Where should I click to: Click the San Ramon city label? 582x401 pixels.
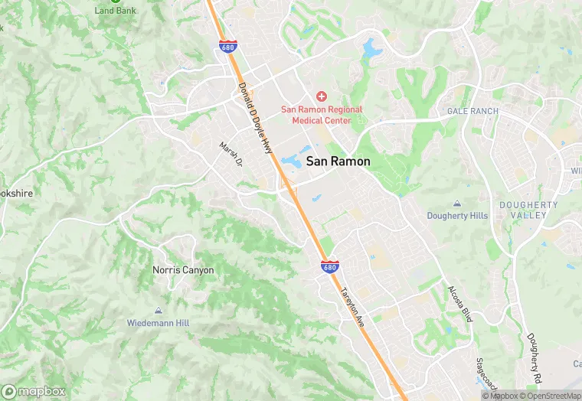click(x=338, y=161)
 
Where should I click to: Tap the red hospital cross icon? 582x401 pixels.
click(x=322, y=96)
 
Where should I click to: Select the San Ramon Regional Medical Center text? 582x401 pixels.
click(x=322, y=115)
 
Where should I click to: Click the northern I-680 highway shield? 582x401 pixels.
click(x=227, y=46)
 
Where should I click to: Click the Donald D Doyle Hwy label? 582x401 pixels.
click(x=256, y=117)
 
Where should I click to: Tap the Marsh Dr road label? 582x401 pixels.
click(x=231, y=155)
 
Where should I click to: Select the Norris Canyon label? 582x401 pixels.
click(x=182, y=270)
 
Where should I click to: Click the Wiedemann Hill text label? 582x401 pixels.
click(x=159, y=323)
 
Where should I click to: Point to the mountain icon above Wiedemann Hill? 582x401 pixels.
click(x=159, y=311)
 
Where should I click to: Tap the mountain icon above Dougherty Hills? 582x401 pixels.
click(x=457, y=204)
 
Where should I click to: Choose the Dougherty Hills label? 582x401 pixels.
click(x=457, y=216)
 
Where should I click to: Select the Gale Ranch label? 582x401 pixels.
click(x=472, y=111)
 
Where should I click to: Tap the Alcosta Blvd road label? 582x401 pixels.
click(x=460, y=304)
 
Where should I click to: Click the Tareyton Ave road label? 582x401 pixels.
click(x=353, y=308)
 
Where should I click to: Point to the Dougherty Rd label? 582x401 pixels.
click(x=534, y=357)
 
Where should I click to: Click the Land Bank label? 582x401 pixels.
click(x=115, y=11)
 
